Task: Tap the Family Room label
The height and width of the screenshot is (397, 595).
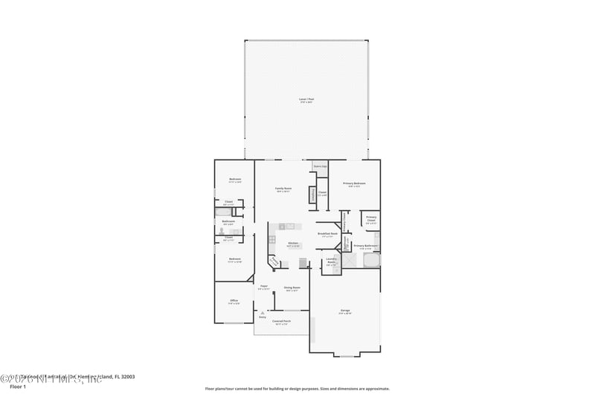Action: [283, 188]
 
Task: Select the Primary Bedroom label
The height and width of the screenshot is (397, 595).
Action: [354, 183]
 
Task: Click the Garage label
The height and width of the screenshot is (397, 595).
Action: [345, 311]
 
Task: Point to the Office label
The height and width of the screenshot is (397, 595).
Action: [234, 301]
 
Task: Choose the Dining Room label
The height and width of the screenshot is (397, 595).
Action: [292, 288]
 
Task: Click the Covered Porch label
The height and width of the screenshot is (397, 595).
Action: [282, 321]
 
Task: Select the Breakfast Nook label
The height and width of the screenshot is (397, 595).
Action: [327, 233]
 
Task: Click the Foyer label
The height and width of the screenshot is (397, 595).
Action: [263, 286]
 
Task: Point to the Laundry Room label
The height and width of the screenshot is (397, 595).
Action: [332, 261]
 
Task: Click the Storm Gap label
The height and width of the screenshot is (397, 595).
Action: [321, 167]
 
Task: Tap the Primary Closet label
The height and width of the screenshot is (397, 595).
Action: [371, 218]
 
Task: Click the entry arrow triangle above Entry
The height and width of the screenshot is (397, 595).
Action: [262, 312]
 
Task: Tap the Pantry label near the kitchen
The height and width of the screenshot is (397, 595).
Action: [274, 261]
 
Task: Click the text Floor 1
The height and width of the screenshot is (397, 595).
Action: [17, 387]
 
